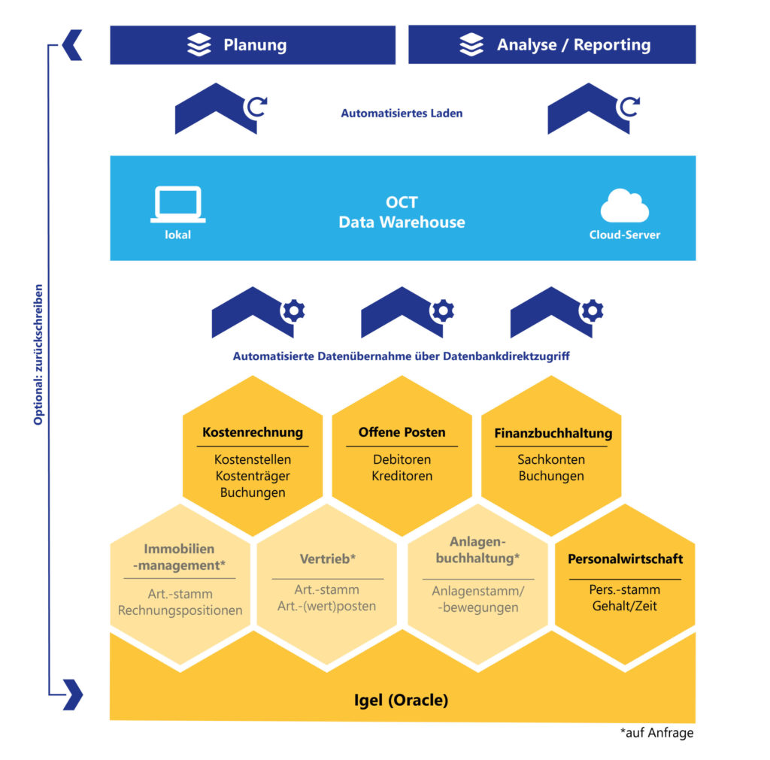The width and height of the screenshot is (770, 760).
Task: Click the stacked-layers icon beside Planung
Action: [x=199, y=45]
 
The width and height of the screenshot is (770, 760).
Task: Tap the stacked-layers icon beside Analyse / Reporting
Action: [x=471, y=45]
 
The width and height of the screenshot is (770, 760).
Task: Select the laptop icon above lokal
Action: [x=177, y=204]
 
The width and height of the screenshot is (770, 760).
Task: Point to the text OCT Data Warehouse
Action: [x=402, y=213]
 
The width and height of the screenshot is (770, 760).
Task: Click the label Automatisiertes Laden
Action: [x=402, y=114]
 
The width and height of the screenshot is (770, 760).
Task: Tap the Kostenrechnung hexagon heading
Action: [x=253, y=432]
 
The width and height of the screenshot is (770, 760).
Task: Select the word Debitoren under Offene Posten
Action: [x=402, y=459]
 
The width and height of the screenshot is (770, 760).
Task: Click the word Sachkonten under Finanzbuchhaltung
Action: [x=551, y=459]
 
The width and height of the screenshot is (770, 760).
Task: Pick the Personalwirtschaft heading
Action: [x=625, y=559]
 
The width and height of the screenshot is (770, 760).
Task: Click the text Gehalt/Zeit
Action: [x=625, y=606]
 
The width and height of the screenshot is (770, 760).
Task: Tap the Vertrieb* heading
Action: [x=327, y=559]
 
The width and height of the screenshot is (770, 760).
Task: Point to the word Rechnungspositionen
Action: [x=180, y=610]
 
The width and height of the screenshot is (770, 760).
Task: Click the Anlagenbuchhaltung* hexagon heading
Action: [x=478, y=550]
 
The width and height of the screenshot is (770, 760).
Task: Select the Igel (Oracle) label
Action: [x=402, y=700]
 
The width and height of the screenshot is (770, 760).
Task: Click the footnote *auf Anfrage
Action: [x=656, y=733]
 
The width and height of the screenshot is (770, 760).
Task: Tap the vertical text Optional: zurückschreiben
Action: [x=38, y=354]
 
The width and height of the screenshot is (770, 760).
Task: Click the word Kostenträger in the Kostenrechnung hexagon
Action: [x=253, y=476]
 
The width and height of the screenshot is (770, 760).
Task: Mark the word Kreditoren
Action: [x=402, y=476]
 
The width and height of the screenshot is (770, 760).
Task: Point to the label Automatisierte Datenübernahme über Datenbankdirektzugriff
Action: [x=401, y=356]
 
